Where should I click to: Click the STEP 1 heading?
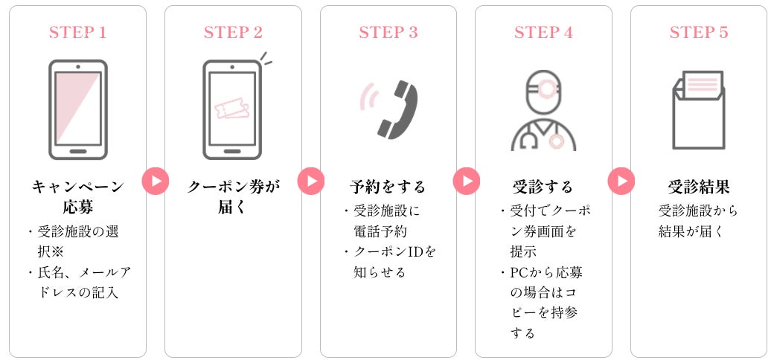click(78, 33)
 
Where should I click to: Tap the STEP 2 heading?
click(233, 33)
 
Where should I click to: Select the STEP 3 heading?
click(388, 33)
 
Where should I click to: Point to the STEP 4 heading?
click(543, 33)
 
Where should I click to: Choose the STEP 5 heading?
click(699, 33)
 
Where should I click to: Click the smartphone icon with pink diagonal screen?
click(78, 109)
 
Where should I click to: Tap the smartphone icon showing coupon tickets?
click(232, 109)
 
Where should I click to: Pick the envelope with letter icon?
click(698, 110)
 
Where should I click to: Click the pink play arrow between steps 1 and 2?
click(156, 181)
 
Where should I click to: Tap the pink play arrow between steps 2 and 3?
click(311, 181)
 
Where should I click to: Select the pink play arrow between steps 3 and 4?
click(466, 181)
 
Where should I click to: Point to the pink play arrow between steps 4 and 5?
click(621, 181)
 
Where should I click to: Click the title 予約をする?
click(388, 186)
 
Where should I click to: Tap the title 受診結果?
click(699, 186)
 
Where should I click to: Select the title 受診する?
click(543, 186)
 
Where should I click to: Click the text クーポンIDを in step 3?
click(394, 251)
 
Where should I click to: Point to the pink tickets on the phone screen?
click(231, 110)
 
